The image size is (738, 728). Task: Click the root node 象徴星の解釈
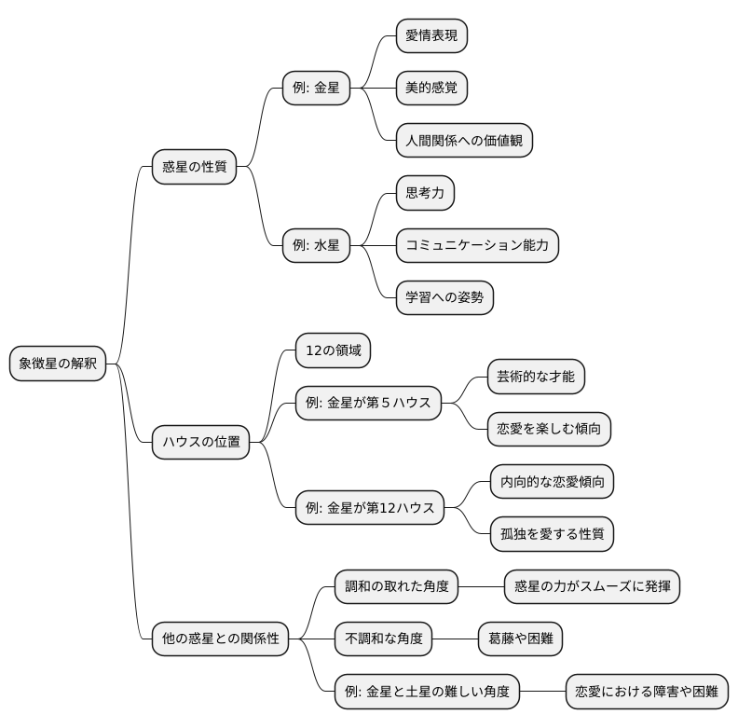[58, 364]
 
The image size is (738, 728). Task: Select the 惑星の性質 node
[194, 168]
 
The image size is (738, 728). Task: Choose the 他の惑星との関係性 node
[221, 639]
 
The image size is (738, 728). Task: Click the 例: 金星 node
[316, 89]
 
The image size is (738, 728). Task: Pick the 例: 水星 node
[316, 246]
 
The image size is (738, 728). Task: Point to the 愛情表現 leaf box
[430, 35]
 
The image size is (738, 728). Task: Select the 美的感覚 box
[430, 89]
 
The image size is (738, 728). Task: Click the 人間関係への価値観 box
[464, 141]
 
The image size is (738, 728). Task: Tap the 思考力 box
[424, 193]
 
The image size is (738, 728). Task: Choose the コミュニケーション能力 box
[477, 246]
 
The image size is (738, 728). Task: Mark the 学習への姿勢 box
[444, 298]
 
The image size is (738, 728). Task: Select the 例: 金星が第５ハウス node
[367, 403]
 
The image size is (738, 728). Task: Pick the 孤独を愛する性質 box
[552, 534]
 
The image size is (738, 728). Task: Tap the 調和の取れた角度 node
[397, 586]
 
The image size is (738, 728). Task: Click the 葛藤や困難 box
[520, 639]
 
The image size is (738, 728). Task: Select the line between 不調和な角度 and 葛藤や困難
[455, 639]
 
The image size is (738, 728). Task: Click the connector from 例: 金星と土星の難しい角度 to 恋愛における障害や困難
[543, 692]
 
